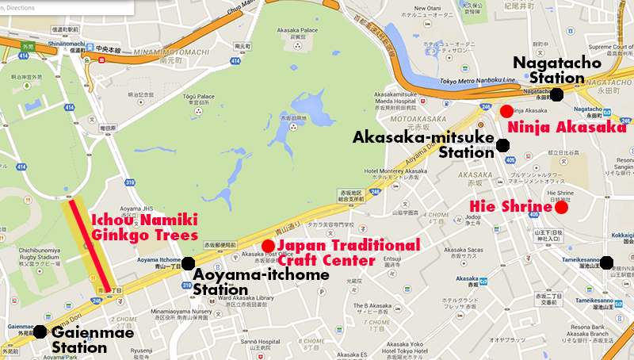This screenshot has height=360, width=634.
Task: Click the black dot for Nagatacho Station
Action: point(557,95)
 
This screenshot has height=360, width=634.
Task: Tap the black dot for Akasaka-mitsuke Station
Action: point(502,144)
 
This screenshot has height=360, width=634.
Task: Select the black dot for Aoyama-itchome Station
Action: point(188,263)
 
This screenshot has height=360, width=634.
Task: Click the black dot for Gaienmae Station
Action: point(38,331)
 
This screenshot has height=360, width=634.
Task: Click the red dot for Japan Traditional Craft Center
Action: point(267,245)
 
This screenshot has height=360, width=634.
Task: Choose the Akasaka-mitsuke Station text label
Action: point(423,145)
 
